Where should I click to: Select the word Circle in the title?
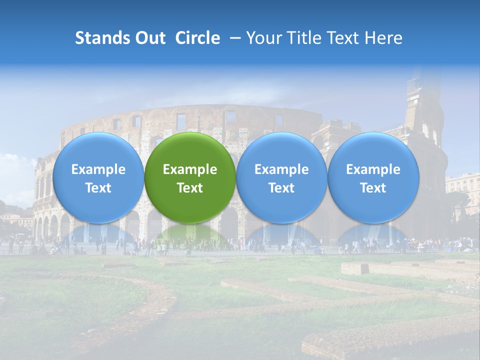coord(197,38)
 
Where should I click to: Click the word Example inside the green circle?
coord(190,169)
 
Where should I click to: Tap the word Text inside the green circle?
coord(190,188)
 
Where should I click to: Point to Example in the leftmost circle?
coord(98,169)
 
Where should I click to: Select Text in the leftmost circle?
coord(98,188)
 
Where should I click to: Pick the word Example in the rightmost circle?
coord(373,169)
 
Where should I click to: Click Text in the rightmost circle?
coord(373,188)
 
